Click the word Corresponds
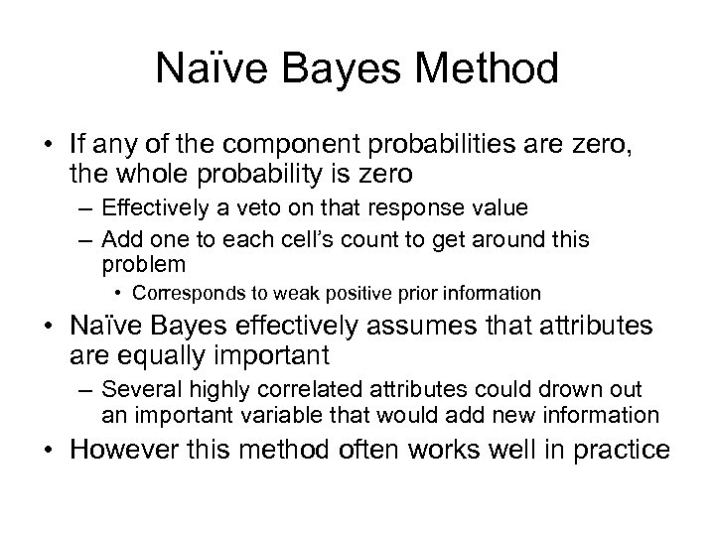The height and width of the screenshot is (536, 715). point(182,294)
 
